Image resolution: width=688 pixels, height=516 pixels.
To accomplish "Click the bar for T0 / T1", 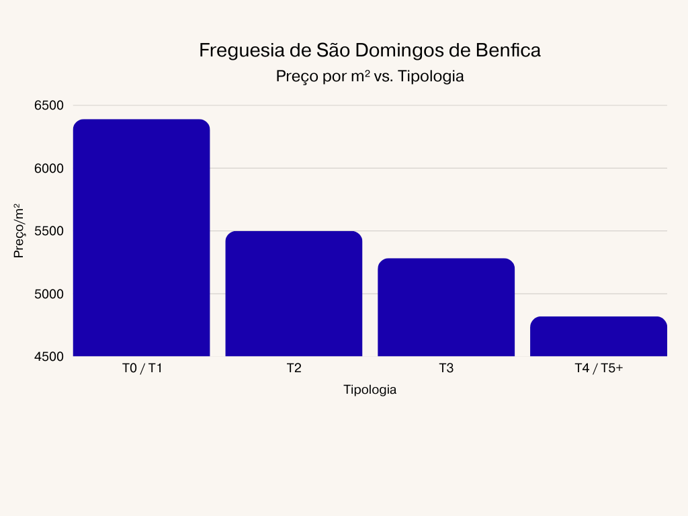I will (141, 238).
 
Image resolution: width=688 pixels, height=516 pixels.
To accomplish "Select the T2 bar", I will (294, 294).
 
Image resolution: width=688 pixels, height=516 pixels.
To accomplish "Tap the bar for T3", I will (446, 307).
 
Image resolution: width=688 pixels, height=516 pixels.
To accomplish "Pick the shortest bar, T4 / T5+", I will (599, 336).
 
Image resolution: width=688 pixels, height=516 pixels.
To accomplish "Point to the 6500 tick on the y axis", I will (48, 105).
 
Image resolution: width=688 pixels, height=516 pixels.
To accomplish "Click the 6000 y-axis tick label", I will (48, 168).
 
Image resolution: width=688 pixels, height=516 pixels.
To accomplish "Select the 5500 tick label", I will (48, 231).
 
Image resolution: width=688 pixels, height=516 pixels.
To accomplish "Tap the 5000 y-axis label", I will (48, 294).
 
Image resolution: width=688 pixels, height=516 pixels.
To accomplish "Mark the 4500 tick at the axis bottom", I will (48, 356).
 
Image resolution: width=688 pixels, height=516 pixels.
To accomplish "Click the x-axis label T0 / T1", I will (142, 368).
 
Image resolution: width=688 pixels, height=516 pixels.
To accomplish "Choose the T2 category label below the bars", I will (294, 368).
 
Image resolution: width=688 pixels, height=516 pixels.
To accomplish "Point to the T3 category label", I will (446, 368).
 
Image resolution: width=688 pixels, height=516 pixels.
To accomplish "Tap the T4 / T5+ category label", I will (599, 368).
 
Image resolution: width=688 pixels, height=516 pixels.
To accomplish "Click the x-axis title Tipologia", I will (370, 390).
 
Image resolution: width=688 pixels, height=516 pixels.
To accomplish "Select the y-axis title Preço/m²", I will (19, 231).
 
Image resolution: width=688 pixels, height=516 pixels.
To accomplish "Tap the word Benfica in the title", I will (508, 51).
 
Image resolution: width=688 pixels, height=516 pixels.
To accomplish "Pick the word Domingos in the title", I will (398, 51).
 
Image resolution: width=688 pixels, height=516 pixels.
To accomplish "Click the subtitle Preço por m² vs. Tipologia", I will (370, 77).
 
